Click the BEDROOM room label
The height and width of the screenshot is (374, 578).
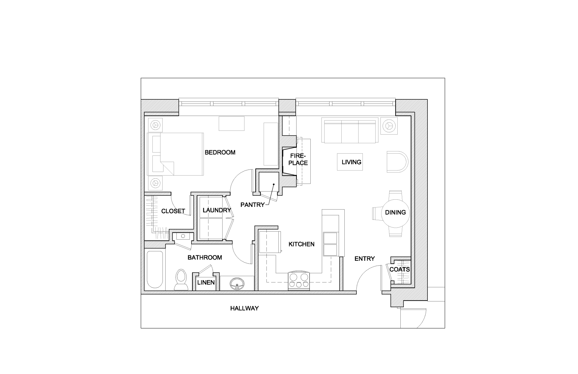pyautogui.click(x=220, y=152)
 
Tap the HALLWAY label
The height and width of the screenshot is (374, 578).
pyautogui.click(x=244, y=308)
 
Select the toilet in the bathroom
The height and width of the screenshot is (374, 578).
pyautogui.click(x=181, y=279)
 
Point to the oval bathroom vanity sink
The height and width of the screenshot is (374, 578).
pyautogui.click(x=237, y=283)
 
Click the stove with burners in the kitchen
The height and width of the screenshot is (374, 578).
pyautogui.click(x=299, y=280)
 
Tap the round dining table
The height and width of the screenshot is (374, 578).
pyautogui.click(x=395, y=213)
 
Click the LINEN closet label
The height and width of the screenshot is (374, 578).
pyautogui.click(x=206, y=282)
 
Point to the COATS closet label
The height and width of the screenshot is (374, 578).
pyautogui.click(x=399, y=269)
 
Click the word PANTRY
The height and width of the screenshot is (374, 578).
pyautogui.click(x=252, y=205)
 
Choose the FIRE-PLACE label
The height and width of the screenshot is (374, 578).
pyautogui.click(x=298, y=160)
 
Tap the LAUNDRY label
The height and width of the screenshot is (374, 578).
pyautogui.click(x=216, y=210)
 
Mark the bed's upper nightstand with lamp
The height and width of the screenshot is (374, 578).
pyautogui.click(x=155, y=125)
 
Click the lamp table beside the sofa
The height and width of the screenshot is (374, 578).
pyautogui.click(x=389, y=125)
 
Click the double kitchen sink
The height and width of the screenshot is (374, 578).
pyautogui.click(x=330, y=244)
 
